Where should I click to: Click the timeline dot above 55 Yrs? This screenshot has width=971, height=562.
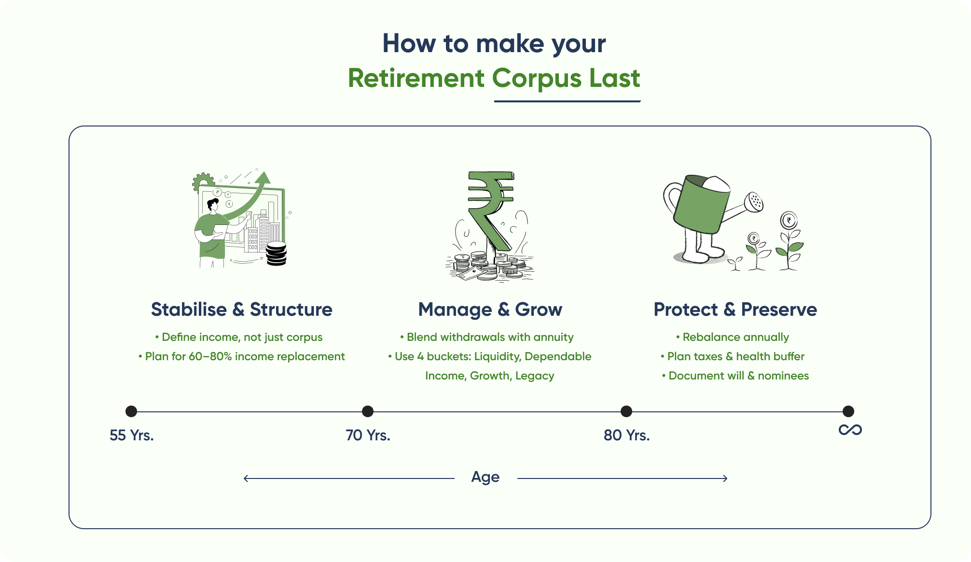(131, 411)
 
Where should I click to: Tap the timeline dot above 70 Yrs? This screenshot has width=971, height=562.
(367, 411)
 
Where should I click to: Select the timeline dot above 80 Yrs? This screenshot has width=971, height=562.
(626, 411)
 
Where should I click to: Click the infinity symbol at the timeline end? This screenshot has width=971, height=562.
(850, 430)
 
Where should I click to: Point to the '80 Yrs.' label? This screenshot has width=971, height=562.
(626, 436)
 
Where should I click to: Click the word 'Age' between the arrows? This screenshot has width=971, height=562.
(485, 477)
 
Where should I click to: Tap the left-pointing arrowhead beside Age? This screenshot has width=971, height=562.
(246, 478)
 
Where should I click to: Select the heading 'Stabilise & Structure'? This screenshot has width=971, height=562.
(241, 309)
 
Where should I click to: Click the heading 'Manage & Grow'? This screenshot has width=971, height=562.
(490, 309)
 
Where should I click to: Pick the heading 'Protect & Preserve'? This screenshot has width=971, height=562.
(735, 309)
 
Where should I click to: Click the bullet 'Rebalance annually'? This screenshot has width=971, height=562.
(735, 337)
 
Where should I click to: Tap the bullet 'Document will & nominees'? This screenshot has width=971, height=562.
(735, 376)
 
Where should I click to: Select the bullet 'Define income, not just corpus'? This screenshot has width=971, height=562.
(239, 337)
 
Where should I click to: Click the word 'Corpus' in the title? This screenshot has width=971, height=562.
(536, 78)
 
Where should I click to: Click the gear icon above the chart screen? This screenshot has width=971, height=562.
(203, 182)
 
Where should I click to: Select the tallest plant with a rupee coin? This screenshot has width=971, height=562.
(789, 241)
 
